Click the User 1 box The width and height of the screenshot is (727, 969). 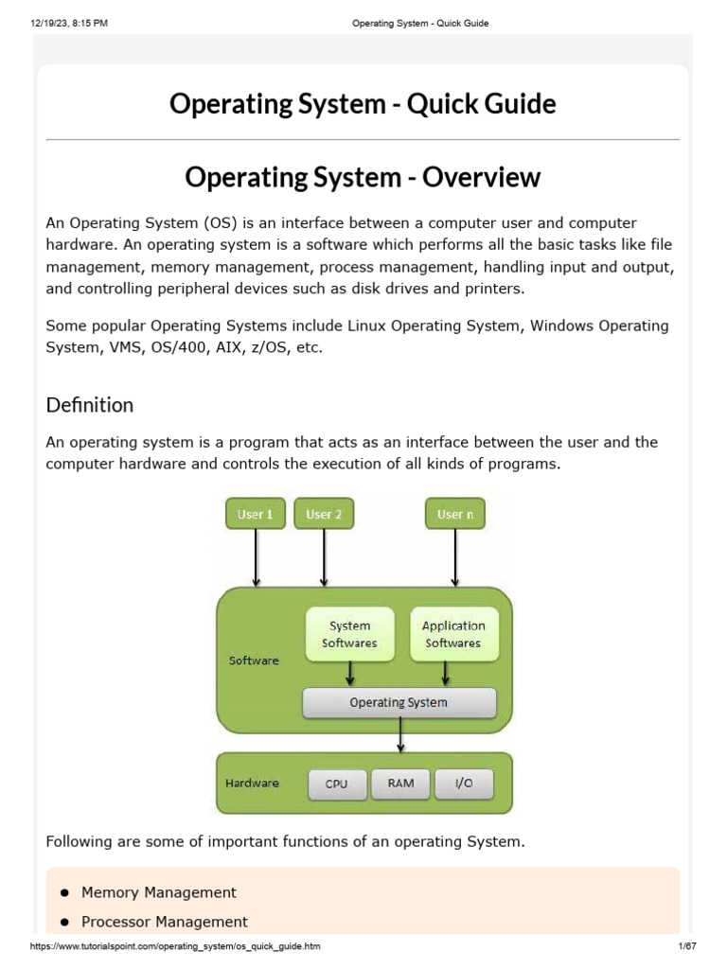[x=256, y=514]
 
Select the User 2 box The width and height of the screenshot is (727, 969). [x=324, y=514]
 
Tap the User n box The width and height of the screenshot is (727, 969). [x=455, y=514]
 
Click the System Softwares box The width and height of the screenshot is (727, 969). [x=349, y=634]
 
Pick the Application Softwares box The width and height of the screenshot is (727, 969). [x=452, y=634]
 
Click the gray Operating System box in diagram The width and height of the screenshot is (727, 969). [x=399, y=702]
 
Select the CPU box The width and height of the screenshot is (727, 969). [x=336, y=784]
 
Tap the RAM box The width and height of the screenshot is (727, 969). [x=400, y=784]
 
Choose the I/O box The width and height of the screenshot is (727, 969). [x=464, y=784]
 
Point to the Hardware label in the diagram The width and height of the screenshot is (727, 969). [x=252, y=783]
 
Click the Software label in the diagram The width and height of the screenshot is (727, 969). [x=254, y=661]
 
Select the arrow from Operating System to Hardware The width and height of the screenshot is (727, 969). [x=401, y=734]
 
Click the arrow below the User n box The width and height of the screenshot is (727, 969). [x=455, y=557]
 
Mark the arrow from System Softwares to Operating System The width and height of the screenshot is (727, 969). [x=350, y=673]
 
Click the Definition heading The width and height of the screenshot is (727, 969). [x=90, y=405]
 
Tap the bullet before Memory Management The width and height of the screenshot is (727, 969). [x=64, y=892]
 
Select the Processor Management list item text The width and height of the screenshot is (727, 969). [x=165, y=922]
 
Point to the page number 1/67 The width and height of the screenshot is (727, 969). [x=686, y=946]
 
